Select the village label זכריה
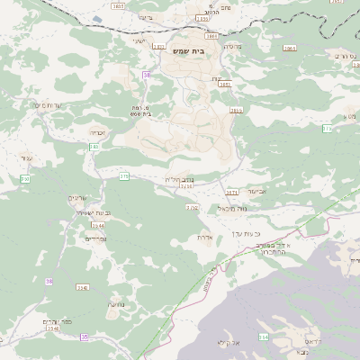coord(97,132)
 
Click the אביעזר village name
coord(256,192)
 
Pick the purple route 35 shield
coord(84,337)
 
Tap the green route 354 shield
coord(264,337)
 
